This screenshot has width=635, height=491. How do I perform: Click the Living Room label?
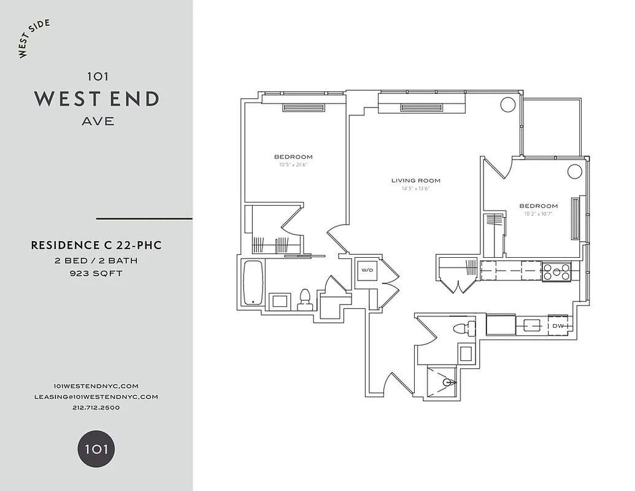(416, 180)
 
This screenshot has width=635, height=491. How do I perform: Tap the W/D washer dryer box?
(367, 270)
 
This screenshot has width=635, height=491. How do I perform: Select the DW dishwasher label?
(558, 326)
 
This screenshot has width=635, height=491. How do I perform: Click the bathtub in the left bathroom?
(252, 283)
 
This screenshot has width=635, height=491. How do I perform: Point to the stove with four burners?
(556, 271)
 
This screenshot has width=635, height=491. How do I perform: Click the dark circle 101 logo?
(96, 449)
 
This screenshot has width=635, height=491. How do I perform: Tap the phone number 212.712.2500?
(96, 408)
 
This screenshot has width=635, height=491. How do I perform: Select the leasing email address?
(96, 396)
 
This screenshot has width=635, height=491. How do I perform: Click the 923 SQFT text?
(96, 274)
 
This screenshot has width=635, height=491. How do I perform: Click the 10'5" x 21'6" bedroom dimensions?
(293, 164)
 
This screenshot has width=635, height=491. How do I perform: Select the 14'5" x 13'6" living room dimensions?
(416, 188)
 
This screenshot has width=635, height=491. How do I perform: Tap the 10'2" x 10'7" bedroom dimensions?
(538, 214)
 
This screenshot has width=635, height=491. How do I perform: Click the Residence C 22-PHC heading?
(96, 245)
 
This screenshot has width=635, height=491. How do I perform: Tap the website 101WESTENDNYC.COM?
(96, 385)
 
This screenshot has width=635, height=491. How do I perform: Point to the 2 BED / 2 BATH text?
(96, 261)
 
